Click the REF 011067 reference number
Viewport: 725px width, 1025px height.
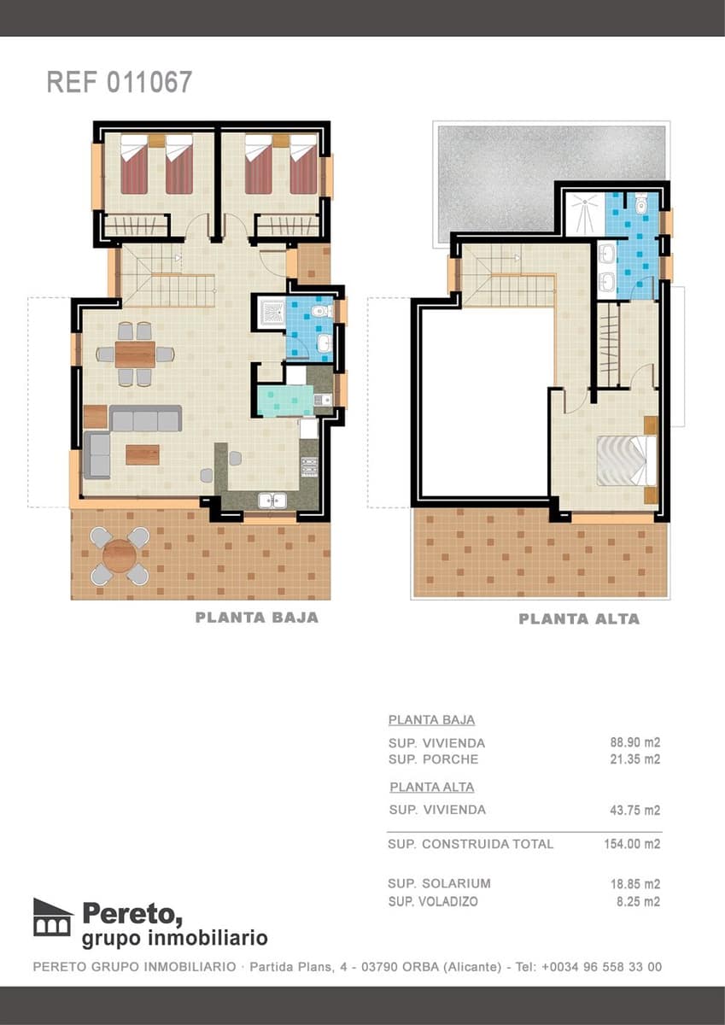pyautogui.click(x=119, y=82)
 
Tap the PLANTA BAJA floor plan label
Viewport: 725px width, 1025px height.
pyautogui.click(x=256, y=617)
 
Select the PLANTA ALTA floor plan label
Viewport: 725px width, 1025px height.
pyautogui.click(x=578, y=618)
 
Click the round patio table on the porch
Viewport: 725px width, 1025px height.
pyautogui.click(x=119, y=556)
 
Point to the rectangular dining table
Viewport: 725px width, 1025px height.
pyautogui.click(x=135, y=354)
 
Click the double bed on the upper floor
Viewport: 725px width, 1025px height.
pyautogui.click(x=625, y=460)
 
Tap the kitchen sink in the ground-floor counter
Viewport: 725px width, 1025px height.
pyautogui.click(x=272, y=501)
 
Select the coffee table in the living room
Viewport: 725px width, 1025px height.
pyautogui.click(x=143, y=454)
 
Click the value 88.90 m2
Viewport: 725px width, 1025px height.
pyautogui.click(x=634, y=742)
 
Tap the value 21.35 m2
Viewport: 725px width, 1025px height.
pyautogui.click(x=634, y=759)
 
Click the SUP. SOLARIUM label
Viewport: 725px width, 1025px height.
pyautogui.click(x=439, y=883)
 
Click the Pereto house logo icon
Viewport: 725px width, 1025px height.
pyautogui.click(x=53, y=917)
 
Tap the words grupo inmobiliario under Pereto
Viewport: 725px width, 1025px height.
pyautogui.click(x=174, y=939)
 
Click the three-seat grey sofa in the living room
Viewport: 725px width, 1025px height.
pyautogui.click(x=145, y=419)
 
